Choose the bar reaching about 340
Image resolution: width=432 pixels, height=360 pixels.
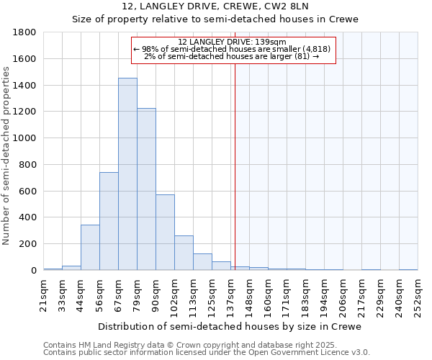[90, 248]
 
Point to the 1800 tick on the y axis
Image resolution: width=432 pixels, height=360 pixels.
[25, 32]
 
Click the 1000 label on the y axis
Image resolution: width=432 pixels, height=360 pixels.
[25, 138]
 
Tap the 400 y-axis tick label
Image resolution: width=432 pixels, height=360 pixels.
[28, 217]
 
